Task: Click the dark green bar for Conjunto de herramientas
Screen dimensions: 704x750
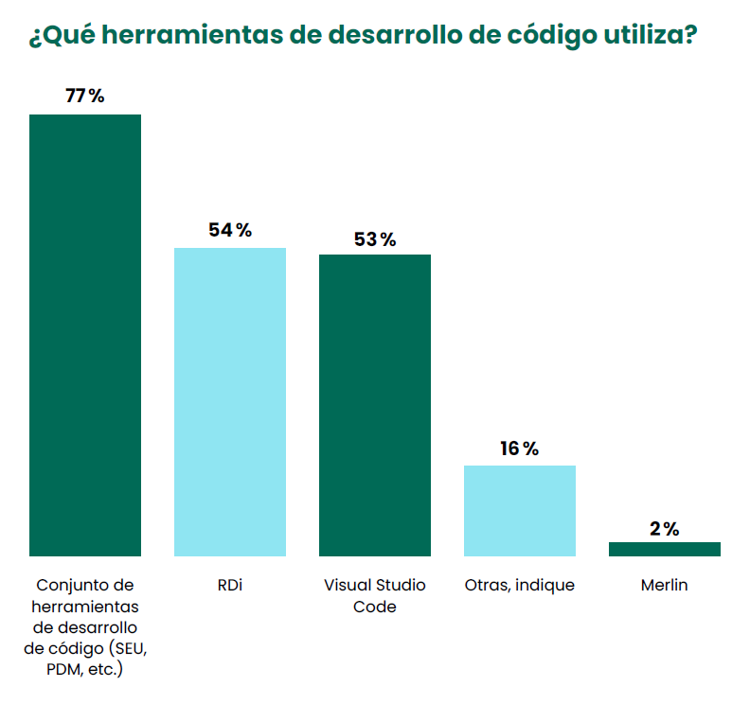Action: pyautogui.click(x=85, y=335)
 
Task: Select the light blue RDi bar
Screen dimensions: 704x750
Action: pyautogui.click(x=230, y=401)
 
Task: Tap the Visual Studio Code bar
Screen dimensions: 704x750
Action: pyautogui.click(x=375, y=405)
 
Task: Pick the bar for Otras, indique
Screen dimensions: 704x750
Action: pyautogui.click(x=520, y=510)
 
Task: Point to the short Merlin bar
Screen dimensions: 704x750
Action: pyautogui.click(x=665, y=549)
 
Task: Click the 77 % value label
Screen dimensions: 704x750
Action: pyautogui.click(x=85, y=97)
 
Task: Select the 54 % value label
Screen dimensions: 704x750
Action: pyautogui.click(x=230, y=230)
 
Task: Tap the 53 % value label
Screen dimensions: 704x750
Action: pyautogui.click(x=375, y=238)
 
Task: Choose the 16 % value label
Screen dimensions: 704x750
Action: pyautogui.click(x=520, y=449)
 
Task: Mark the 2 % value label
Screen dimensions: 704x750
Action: pyautogui.click(x=665, y=529)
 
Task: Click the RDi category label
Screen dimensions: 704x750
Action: pyautogui.click(x=230, y=585)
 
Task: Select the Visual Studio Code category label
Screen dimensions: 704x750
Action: pyautogui.click(x=375, y=595)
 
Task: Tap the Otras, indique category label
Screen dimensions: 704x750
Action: pyautogui.click(x=520, y=585)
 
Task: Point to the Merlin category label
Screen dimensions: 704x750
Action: pyautogui.click(x=665, y=585)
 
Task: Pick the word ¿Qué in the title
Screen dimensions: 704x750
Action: pyautogui.click(x=60, y=37)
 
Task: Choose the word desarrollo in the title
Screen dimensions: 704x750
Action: pyautogui.click(x=387, y=37)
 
